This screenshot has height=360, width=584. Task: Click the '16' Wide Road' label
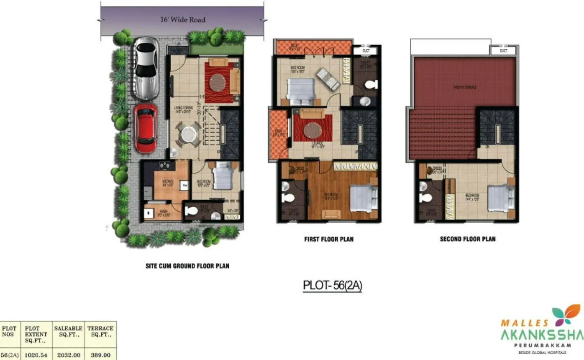[x=183, y=20]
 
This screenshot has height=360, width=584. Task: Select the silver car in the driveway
[x=146, y=68]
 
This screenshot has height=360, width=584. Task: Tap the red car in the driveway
[x=146, y=128]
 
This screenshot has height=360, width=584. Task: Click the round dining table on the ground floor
[x=189, y=134]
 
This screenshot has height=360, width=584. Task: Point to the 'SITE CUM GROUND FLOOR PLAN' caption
[x=187, y=266]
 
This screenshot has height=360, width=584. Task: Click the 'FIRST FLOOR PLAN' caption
[x=329, y=239]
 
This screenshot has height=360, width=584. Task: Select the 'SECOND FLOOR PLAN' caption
[x=468, y=239]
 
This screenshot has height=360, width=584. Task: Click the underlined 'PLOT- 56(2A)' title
[x=332, y=285]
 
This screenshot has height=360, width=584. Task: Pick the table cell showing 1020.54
[x=36, y=355]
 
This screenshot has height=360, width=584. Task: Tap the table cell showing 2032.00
[x=68, y=355]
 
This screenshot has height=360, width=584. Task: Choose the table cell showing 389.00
[x=100, y=355]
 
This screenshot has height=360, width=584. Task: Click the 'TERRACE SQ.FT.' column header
[x=100, y=331]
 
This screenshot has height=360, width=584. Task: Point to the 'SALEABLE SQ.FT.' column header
[x=68, y=331]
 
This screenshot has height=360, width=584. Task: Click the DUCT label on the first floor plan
[x=366, y=51]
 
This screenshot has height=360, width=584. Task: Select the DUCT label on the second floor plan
[x=503, y=51]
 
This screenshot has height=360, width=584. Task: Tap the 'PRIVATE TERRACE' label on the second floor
[x=465, y=87]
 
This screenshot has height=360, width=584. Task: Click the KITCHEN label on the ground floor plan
[x=168, y=182]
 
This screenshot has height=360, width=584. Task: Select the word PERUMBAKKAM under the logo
[x=542, y=346]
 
